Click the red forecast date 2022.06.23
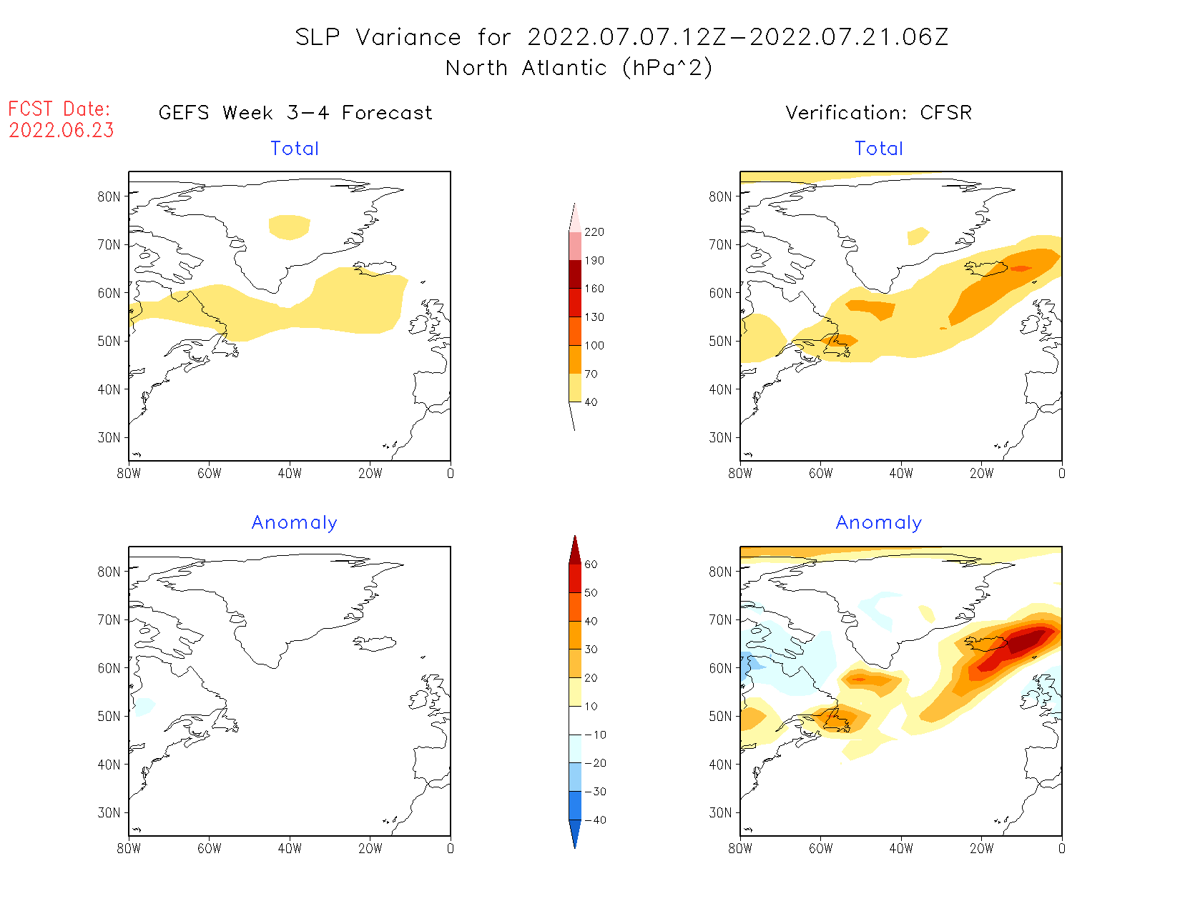coord(62,131)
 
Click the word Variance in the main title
coord(408,37)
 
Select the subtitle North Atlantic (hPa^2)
coord(579,68)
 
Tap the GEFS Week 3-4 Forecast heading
coord(295,113)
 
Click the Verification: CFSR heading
coord(878,113)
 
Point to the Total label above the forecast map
coord(295,149)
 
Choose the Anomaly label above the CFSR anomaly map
coord(878,523)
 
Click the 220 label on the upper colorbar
coord(594,232)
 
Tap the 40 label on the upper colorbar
coord(591,402)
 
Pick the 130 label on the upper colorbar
coord(594,317)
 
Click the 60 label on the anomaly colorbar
coord(591,564)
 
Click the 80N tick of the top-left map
coord(109,196)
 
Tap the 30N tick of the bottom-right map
coord(720,813)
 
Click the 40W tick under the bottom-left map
coord(290,849)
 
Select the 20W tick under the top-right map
coord(981,474)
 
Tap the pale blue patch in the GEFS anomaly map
coord(143,706)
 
